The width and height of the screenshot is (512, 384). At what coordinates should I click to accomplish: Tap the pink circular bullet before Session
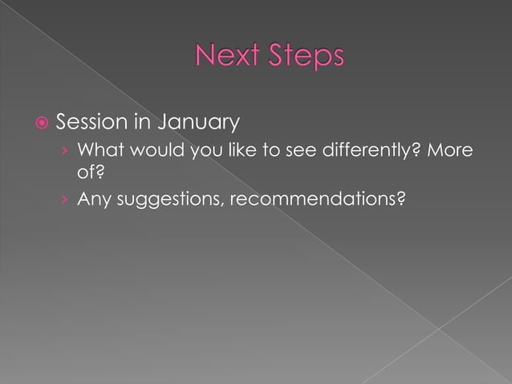(x=40, y=124)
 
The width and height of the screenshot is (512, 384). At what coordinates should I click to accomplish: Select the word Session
(x=91, y=123)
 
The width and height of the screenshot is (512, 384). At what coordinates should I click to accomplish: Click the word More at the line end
(x=450, y=150)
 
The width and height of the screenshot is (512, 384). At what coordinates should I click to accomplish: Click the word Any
(x=94, y=198)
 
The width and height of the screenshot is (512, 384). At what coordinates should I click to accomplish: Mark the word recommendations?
(x=317, y=198)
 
